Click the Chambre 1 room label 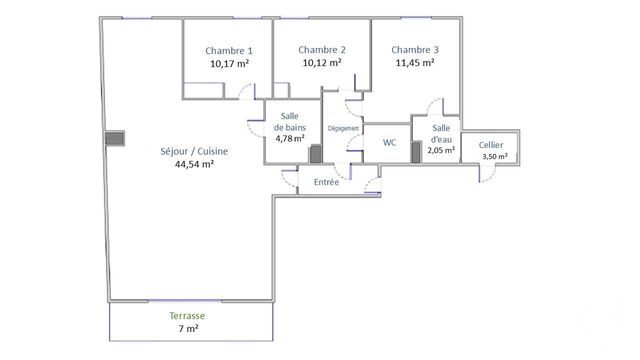tap(229, 51)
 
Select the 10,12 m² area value tap(322, 62)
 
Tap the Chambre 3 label tap(414, 50)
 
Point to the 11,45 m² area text tap(413, 62)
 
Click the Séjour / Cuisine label tap(194, 151)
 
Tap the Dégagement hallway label tap(343, 129)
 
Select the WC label tap(389, 143)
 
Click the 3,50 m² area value tap(494, 157)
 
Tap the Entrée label tap(326, 182)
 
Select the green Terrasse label tap(189, 315)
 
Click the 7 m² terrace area tap(189, 328)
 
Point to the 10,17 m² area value tap(229, 62)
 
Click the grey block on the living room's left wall tap(118, 138)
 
